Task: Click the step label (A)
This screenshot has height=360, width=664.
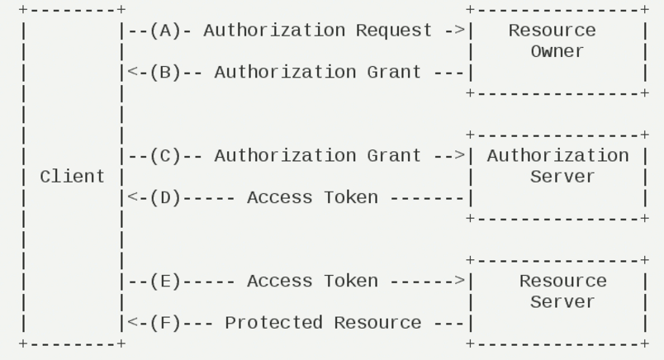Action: [x=165, y=31]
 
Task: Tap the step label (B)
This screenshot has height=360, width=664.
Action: [x=165, y=73]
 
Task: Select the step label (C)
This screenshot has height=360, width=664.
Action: [x=165, y=156]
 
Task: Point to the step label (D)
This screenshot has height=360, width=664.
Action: [x=165, y=198]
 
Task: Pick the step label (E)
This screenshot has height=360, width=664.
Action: [x=165, y=282]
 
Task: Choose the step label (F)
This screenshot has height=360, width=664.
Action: [x=165, y=323]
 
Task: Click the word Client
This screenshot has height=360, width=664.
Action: [x=72, y=177]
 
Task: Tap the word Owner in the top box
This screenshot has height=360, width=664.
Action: [x=557, y=51]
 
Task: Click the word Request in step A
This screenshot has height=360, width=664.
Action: [x=394, y=31]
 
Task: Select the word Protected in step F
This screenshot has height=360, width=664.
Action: [x=273, y=323]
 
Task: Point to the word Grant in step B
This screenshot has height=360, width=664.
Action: [x=394, y=73]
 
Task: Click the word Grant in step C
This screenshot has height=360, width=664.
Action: [x=394, y=156]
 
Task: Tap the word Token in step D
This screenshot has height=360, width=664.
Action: [x=351, y=198]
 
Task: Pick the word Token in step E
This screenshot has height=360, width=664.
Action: [x=351, y=282]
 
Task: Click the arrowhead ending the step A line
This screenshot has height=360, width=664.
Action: [x=460, y=31]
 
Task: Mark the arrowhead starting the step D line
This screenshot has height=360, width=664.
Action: [x=133, y=197]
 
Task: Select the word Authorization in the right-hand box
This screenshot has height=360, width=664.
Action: [x=557, y=156]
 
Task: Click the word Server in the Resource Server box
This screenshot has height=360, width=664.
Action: [x=562, y=302]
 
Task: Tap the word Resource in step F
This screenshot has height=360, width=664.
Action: [x=377, y=323]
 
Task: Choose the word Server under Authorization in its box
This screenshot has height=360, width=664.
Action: [x=562, y=177]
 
